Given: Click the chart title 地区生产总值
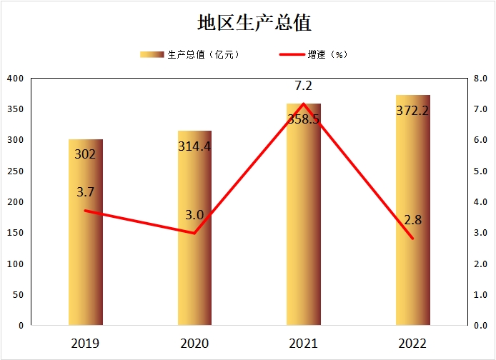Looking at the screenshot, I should (254, 23).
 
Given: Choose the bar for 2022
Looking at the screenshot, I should (413, 214).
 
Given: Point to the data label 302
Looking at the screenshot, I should (85, 154).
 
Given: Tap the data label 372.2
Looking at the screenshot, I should (412, 110).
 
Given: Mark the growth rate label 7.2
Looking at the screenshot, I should (304, 86).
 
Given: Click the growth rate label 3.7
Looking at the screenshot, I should (86, 191).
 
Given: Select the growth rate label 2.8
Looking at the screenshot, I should (412, 219).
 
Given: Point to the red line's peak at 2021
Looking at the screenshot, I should (304, 104).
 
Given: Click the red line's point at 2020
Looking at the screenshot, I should (194, 233).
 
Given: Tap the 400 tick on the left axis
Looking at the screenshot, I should (15, 78).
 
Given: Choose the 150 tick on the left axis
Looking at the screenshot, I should (15, 233).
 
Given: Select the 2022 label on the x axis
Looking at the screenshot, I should (412, 344).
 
